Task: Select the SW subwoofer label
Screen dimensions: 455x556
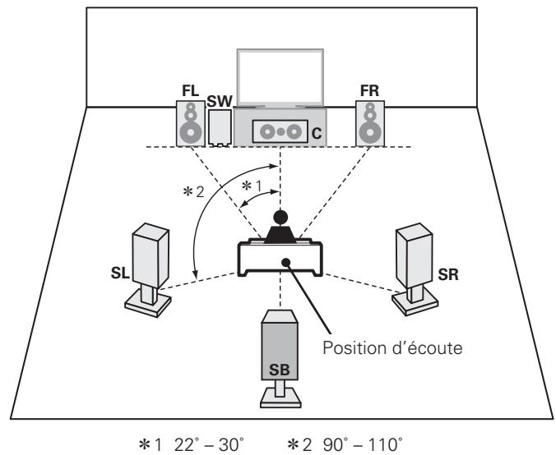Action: (x=220, y=101)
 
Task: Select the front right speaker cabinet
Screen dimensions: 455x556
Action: (x=368, y=124)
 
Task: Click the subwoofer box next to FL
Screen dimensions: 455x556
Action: (x=220, y=128)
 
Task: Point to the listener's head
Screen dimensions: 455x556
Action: (x=280, y=218)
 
